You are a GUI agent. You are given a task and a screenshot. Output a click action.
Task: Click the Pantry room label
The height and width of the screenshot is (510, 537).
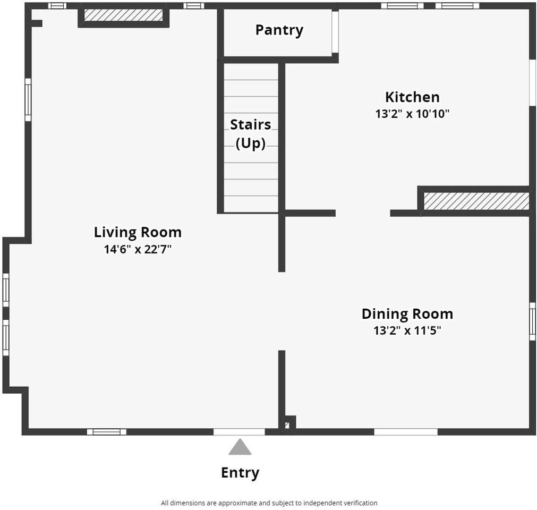coord(279,30)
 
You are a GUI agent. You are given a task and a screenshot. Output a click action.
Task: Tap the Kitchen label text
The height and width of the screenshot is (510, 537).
coord(412,97)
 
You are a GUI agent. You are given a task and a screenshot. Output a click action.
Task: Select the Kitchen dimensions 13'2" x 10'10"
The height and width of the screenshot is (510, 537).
coord(412,114)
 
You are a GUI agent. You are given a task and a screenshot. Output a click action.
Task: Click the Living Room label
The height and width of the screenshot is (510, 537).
coord(138,232)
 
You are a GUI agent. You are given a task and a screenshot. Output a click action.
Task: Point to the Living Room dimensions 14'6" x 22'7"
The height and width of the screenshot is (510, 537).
coord(138,249)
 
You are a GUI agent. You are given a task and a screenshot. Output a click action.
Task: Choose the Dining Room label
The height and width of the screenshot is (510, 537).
coord(407,314)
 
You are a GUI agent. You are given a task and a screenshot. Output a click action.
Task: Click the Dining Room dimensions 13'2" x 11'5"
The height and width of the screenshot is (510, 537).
coord(407,330)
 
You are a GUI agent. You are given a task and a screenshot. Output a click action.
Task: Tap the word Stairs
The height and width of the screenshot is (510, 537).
coord(250,125)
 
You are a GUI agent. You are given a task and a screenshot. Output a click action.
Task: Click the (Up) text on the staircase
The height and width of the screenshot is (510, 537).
coord(250,143)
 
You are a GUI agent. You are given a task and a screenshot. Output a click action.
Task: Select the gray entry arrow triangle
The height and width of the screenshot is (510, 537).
coord(240,447)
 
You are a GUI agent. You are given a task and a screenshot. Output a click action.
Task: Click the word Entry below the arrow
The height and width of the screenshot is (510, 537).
coord(240,473)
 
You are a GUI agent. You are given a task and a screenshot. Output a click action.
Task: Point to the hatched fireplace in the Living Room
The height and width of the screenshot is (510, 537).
coord(123,15)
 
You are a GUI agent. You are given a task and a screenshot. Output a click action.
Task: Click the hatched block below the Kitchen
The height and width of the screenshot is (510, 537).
coord(476,201)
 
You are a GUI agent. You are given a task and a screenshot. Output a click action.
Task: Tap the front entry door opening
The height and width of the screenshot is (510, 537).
coord(239,432)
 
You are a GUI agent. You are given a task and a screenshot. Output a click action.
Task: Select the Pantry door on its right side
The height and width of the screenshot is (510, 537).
coord(335,32)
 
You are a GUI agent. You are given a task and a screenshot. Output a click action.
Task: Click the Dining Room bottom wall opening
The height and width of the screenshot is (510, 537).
coord(405,432)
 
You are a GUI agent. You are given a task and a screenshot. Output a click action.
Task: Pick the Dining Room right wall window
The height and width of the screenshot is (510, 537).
coord(532,321)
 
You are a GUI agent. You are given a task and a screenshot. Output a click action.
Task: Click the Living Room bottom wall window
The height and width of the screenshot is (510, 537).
coord(107,432)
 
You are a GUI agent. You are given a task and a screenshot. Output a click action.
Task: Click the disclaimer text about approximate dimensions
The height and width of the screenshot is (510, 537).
coord(269,503)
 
